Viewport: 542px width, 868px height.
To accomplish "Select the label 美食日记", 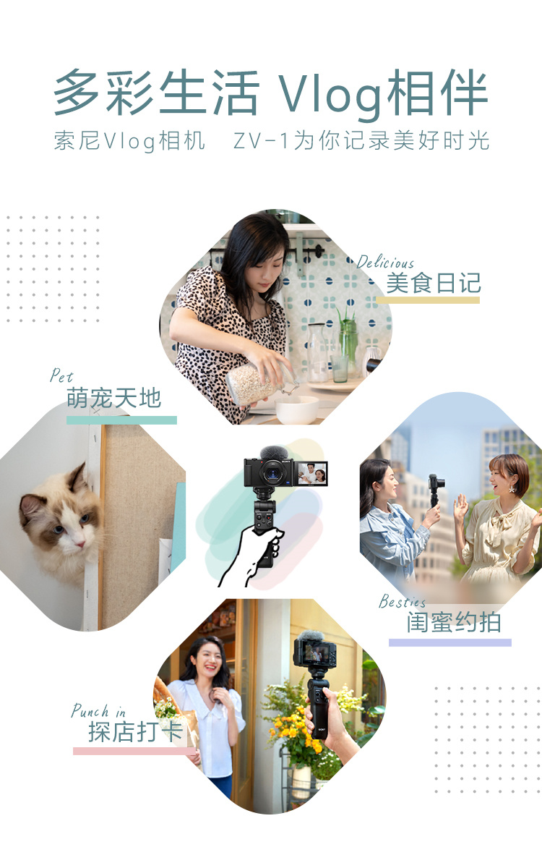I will tap(433, 283).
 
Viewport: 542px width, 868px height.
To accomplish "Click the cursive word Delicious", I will tap(386, 263).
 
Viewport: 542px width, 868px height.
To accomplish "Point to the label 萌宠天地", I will tap(113, 398).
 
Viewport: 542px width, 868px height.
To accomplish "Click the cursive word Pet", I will tap(61, 375).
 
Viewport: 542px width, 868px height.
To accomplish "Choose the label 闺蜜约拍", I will tap(453, 622).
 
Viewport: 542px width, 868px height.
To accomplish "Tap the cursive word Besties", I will tap(403, 602).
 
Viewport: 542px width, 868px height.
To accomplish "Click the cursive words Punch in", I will tap(99, 711).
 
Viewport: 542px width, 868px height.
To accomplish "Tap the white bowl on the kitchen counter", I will tap(297, 409).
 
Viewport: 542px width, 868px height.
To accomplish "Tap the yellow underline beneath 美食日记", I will tap(427, 300).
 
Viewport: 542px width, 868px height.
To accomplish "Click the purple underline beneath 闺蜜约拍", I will tap(449, 642).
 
